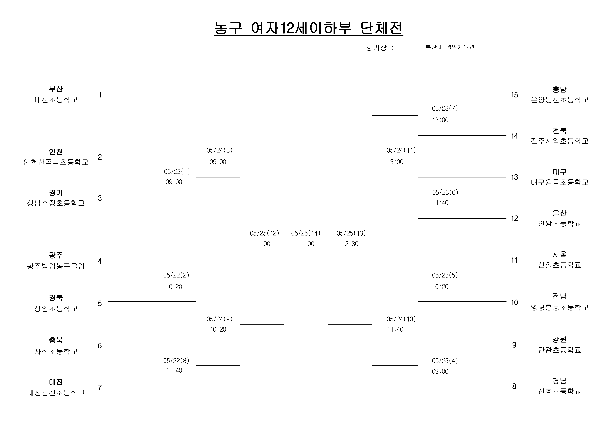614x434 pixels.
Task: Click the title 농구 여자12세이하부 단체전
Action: click(x=308, y=28)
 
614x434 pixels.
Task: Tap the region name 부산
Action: click(x=56, y=89)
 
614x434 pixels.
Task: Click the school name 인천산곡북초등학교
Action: click(x=56, y=162)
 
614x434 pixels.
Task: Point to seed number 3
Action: click(x=100, y=198)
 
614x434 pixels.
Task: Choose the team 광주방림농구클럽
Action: click(x=56, y=266)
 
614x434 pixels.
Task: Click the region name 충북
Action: click(x=56, y=340)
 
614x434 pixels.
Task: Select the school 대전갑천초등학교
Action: click(x=56, y=393)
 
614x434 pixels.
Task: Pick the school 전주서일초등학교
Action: click(x=559, y=141)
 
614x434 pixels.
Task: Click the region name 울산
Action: click(x=559, y=213)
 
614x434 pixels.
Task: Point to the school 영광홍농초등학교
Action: click(x=559, y=307)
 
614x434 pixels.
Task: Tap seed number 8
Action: click(x=514, y=386)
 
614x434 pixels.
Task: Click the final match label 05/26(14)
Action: click(x=306, y=233)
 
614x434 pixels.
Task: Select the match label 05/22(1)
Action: click(x=177, y=171)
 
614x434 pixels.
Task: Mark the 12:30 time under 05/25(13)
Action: click(x=350, y=244)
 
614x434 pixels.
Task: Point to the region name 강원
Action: click(x=559, y=340)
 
